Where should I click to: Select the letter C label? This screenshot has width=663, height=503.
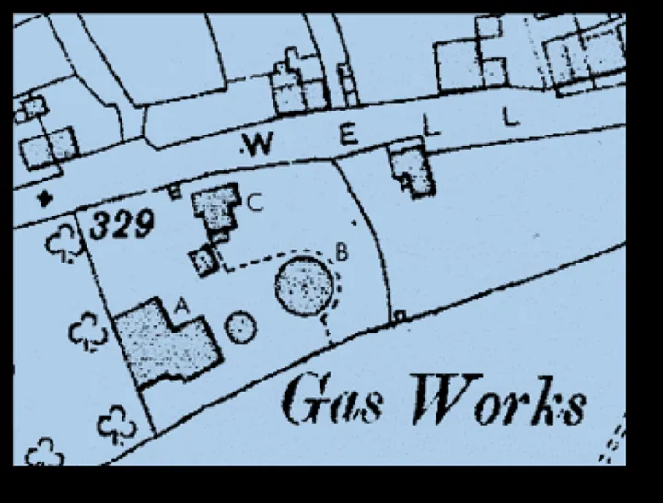(x=255, y=205)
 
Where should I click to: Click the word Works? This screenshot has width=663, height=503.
(x=497, y=403)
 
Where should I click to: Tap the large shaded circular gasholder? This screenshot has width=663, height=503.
(x=304, y=285)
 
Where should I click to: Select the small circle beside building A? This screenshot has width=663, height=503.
(x=240, y=327)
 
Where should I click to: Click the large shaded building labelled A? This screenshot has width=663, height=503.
(x=166, y=345)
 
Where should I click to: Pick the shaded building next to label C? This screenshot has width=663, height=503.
(x=216, y=211)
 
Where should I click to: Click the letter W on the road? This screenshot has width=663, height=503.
(x=258, y=144)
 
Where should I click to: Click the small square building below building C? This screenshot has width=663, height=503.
(x=204, y=261)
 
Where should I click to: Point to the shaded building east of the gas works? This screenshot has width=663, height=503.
(x=412, y=170)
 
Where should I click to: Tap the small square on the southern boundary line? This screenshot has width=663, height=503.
(x=399, y=317)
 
